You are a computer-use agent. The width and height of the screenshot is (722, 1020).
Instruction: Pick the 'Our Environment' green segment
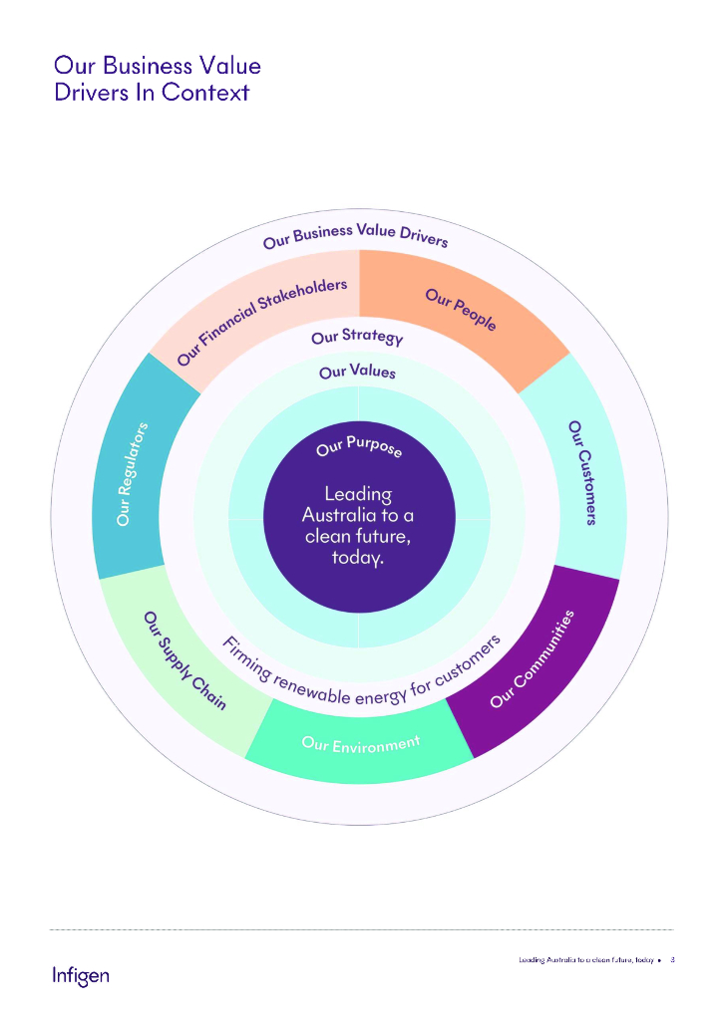pos(360,744)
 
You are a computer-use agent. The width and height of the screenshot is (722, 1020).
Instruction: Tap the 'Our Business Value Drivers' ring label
pos(356,235)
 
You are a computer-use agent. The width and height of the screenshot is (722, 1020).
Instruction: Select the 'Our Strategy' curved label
pos(357,337)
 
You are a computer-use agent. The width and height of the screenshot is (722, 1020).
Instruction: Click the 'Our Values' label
pos(357,372)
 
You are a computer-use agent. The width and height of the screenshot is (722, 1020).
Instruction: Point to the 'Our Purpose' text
pos(359,448)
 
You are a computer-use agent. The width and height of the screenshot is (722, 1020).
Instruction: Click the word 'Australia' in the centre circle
pos(357,515)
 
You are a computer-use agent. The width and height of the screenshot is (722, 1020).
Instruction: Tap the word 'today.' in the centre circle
pos(358,558)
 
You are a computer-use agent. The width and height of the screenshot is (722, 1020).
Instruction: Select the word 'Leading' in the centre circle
pos(358,493)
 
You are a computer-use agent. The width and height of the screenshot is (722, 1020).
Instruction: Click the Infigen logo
pos(81,974)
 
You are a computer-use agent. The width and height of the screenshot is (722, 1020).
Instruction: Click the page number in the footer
pos(673,960)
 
